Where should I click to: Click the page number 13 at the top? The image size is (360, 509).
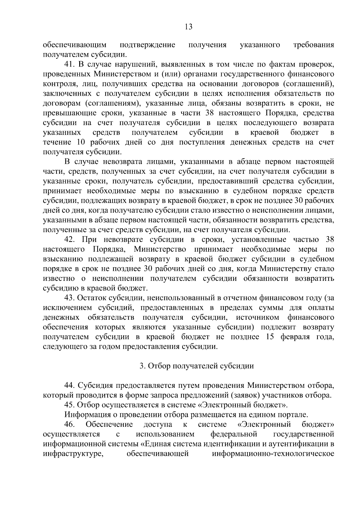tap(188, 27)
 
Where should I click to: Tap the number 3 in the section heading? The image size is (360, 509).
tap(142, 366)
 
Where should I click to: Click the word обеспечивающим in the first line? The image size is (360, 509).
tap(75, 45)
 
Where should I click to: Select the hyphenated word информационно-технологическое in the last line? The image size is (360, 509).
tap(273, 454)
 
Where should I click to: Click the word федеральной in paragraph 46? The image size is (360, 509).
tap(234, 434)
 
